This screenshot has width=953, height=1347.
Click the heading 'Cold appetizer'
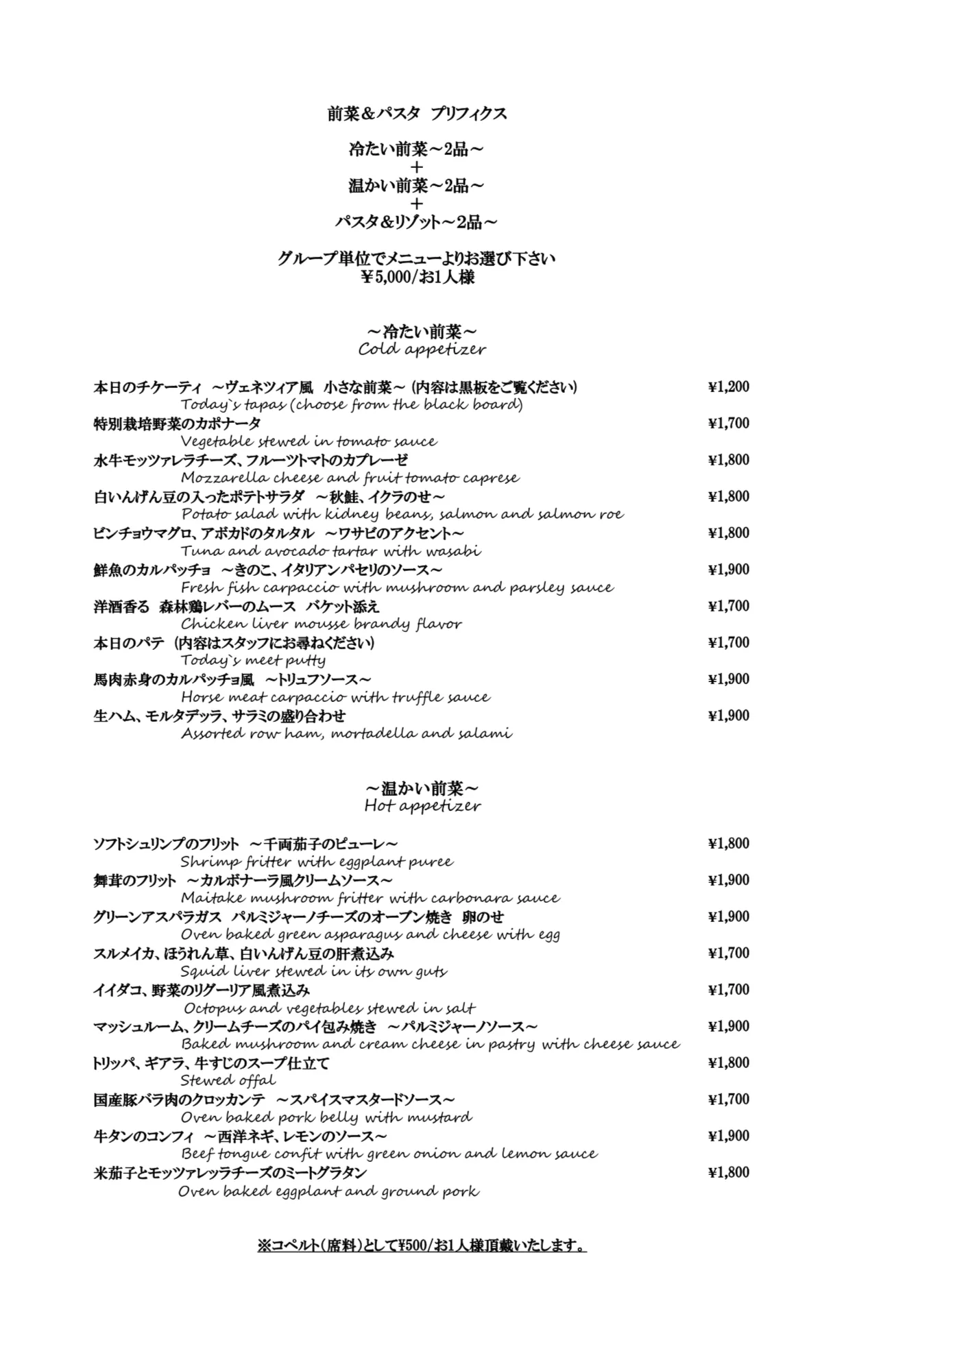coord(422,350)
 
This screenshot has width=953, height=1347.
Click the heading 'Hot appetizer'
coord(422,806)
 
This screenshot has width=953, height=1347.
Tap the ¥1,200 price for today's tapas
coord(728,387)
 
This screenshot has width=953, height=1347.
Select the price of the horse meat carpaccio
coord(728,679)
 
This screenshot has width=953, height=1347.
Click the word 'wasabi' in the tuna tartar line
coord(453,551)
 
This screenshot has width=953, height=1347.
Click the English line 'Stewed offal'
coord(228,1081)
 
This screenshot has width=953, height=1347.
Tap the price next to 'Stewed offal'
coord(728,1063)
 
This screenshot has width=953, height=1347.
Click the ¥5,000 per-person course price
coord(418,278)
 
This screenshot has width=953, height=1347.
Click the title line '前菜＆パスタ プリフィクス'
coord(417,114)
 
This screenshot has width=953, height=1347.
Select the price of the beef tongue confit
coord(728,1136)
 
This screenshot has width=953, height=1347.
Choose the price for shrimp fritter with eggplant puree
coord(728,844)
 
